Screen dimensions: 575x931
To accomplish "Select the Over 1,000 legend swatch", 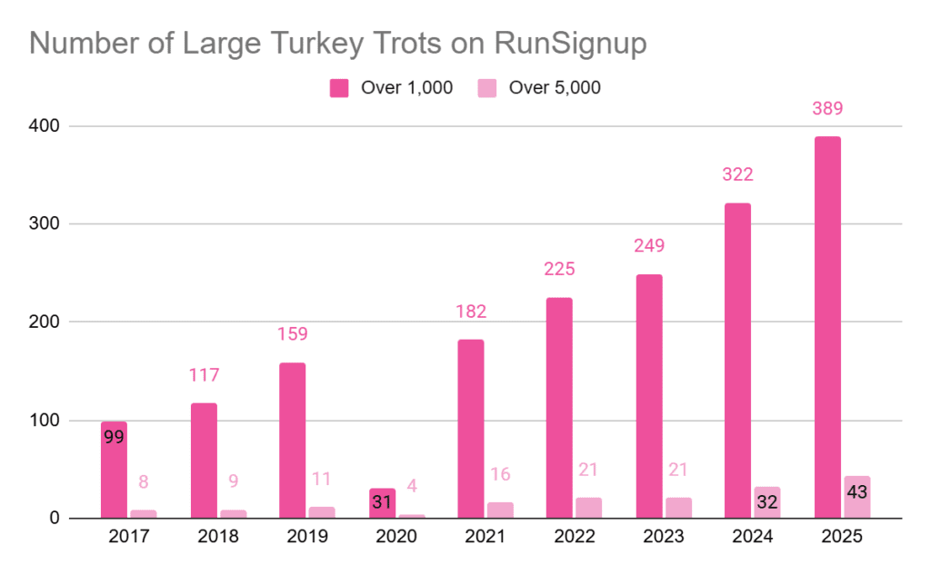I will [x=339, y=88].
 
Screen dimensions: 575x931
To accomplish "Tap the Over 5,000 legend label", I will [x=554, y=88].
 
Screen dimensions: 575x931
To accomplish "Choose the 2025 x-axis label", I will [x=840, y=537].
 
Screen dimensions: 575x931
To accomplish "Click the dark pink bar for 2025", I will [x=827, y=327].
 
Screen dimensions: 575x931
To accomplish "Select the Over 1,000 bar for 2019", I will [x=293, y=441].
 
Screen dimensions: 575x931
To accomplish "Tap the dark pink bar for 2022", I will [x=559, y=408].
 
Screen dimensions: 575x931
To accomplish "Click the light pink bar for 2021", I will [x=500, y=511].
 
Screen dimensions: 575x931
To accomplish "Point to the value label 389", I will [x=827, y=108].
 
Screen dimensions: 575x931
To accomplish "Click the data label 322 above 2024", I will [x=737, y=174].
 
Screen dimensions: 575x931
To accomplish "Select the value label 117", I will [x=204, y=375].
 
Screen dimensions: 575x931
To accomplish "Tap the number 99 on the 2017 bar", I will [x=114, y=436].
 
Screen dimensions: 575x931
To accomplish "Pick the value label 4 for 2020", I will [x=411, y=486].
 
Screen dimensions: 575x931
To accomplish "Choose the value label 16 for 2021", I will [x=500, y=473].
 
